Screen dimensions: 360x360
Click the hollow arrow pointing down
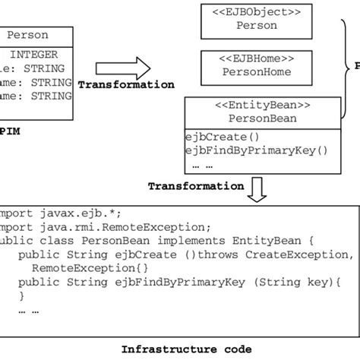[258, 188]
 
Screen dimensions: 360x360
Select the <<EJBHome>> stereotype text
[257, 57]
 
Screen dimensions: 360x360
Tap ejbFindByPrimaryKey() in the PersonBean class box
[257, 150]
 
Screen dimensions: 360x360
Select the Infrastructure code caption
[186, 349]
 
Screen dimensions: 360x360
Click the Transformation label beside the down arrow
[196, 185]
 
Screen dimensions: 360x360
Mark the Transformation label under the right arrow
[126, 85]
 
